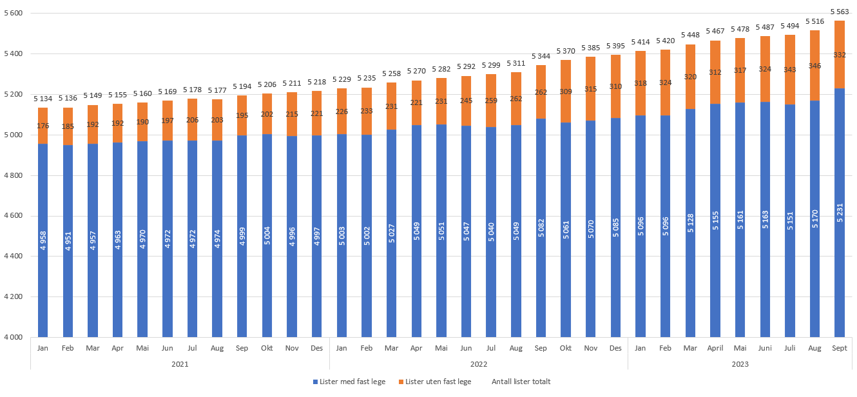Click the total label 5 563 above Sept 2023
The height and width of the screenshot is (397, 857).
point(839,12)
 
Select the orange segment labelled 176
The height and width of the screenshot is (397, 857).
point(43,126)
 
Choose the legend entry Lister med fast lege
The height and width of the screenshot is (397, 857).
point(352,382)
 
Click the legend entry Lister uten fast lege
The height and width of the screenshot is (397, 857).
point(438,382)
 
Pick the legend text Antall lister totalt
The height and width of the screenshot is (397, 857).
point(521,382)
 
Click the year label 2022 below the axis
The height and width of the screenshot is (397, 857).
point(479,364)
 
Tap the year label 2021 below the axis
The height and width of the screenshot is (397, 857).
point(180,364)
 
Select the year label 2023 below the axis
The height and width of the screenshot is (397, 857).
point(740,364)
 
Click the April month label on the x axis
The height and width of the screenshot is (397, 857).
point(715,348)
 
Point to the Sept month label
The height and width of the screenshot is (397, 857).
point(839,348)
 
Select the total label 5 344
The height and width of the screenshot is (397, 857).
point(541,57)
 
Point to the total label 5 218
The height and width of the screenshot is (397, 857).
point(316,83)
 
